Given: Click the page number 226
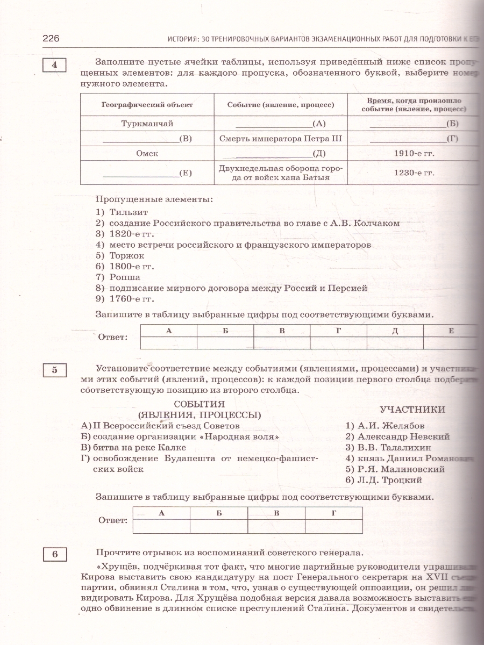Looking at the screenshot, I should [x=50, y=39].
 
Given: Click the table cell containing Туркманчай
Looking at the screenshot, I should [x=147, y=124].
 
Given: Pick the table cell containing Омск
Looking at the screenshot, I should [x=147, y=153].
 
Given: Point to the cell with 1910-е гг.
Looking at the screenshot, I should [x=414, y=153].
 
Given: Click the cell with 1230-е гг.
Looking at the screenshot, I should [x=414, y=173].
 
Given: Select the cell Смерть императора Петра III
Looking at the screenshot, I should [x=280, y=139].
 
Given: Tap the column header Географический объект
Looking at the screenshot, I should [x=147, y=105].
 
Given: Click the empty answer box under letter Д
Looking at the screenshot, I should [x=395, y=343].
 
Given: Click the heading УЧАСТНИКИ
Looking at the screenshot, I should [x=412, y=410].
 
